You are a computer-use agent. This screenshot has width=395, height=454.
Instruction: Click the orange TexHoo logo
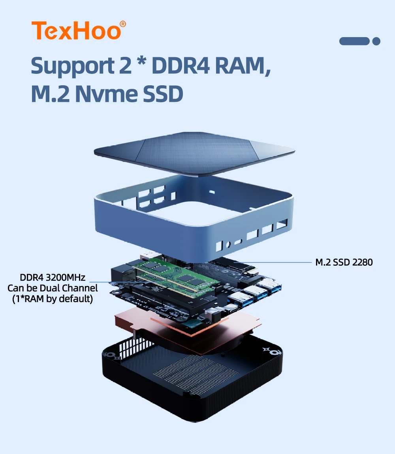76,31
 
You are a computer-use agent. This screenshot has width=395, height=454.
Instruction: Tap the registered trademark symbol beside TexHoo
123,24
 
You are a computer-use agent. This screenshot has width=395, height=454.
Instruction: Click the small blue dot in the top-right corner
376,41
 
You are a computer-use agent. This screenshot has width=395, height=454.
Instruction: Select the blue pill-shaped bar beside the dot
354,41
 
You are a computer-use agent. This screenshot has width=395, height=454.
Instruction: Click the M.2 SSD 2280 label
344,262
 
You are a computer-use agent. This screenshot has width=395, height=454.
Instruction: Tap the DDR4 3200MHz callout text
53,278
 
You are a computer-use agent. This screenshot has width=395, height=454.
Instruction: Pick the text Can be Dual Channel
53,288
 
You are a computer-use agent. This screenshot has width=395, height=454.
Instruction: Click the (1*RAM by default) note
53,299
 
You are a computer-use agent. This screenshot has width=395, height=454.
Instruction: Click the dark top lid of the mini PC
194,152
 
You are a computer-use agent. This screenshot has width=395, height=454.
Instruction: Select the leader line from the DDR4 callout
115,282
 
